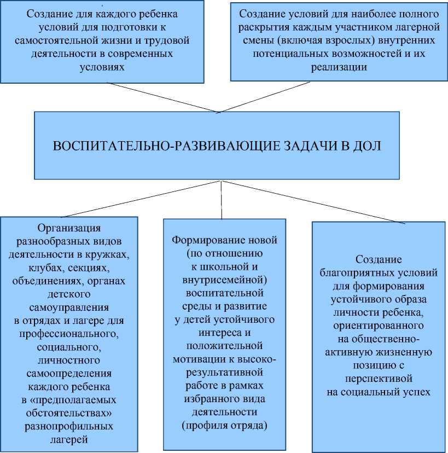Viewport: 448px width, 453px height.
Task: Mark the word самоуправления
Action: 68,307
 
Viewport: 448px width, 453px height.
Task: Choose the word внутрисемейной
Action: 225,280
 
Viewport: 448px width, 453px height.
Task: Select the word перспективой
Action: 379,378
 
